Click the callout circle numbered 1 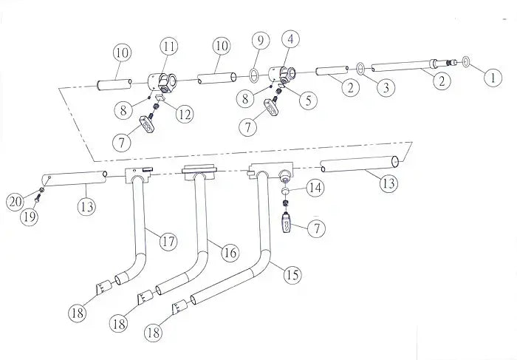pyautogui.click(x=490, y=74)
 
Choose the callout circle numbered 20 pyautogui.click(x=14, y=201)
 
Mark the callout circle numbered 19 pyautogui.click(x=30, y=217)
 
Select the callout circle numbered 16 pyautogui.click(x=230, y=253)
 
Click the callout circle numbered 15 pyautogui.click(x=292, y=275)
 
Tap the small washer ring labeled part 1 pyautogui.click(x=468, y=60)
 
